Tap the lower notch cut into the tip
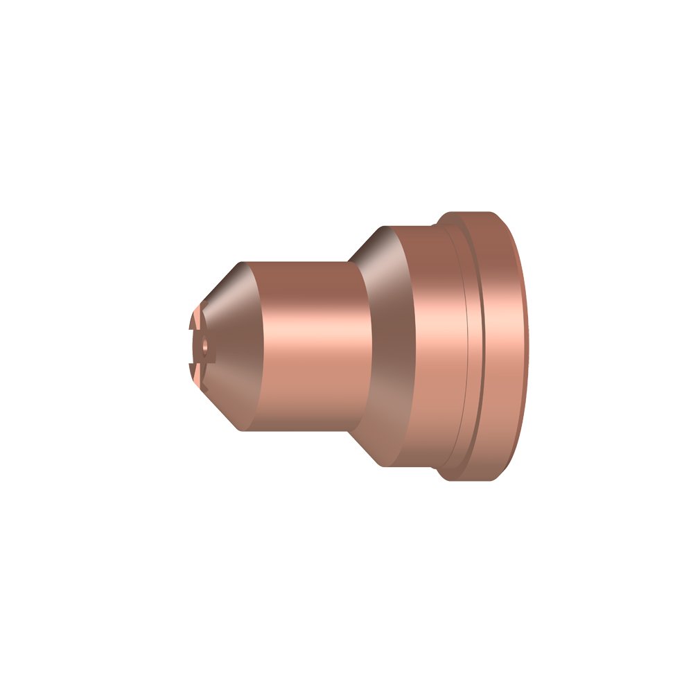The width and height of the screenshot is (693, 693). (x=193, y=365)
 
